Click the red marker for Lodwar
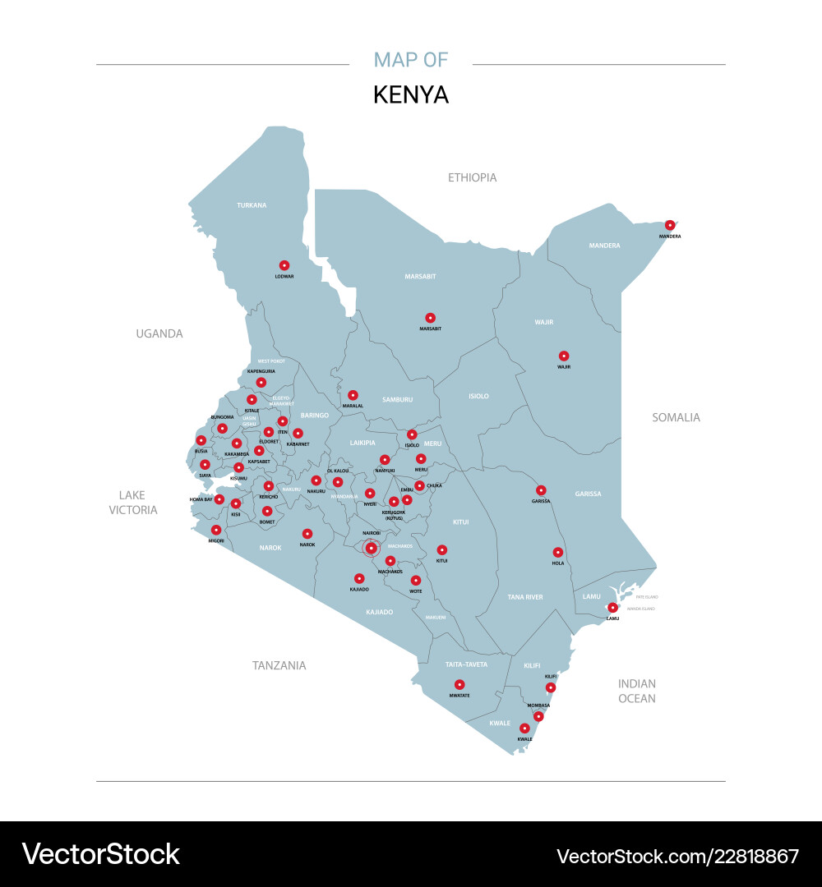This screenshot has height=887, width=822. [x=284, y=265]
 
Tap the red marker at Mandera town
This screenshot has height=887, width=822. [x=670, y=225]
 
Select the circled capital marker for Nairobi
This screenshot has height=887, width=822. [x=371, y=548]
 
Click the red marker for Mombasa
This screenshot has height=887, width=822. [x=538, y=717]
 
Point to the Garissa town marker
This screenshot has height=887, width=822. [x=541, y=490]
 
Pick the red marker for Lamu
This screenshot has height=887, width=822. [x=612, y=608]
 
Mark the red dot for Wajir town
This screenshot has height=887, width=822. [x=564, y=356]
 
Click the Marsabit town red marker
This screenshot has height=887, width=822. [x=430, y=318]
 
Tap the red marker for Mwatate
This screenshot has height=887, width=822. [x=459, y=685]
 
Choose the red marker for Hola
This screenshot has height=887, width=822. [x=558, y=553]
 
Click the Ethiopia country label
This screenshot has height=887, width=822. [x=472, y=177]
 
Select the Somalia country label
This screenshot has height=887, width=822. [x=676, y=417]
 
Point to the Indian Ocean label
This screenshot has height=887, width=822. [x=637, y=691]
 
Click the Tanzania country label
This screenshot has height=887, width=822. [x=279, y=665]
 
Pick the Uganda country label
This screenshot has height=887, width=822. [x=159, y=333]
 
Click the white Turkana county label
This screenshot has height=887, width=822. [x=252, y=205]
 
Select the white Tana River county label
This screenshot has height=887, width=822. [x=525, y=597]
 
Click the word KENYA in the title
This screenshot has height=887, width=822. [x=411, y=94]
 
